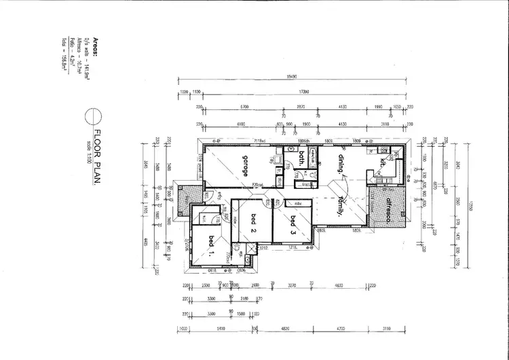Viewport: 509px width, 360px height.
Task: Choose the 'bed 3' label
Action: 293,222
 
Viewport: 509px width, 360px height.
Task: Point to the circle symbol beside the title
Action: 92,117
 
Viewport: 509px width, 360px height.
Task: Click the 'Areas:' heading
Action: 96,46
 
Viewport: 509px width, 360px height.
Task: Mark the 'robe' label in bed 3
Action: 297,202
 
